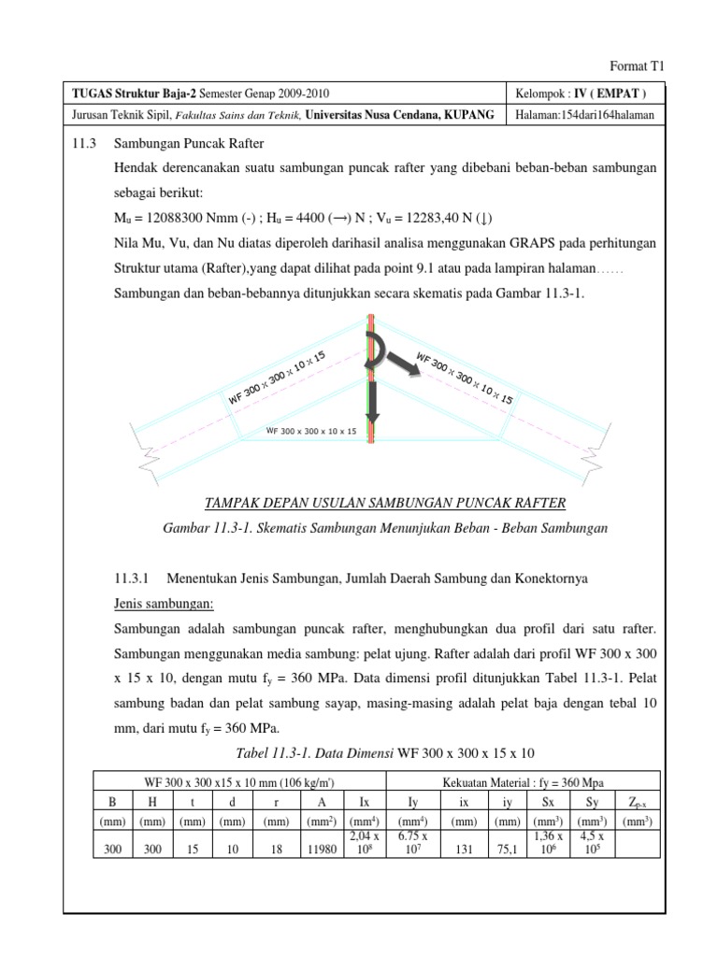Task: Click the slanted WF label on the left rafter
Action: click(277, 379)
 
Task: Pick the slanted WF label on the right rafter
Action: click(465, 378)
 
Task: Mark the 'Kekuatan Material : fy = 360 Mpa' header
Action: click(524, 780)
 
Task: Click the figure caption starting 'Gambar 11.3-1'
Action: click(384, 528)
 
